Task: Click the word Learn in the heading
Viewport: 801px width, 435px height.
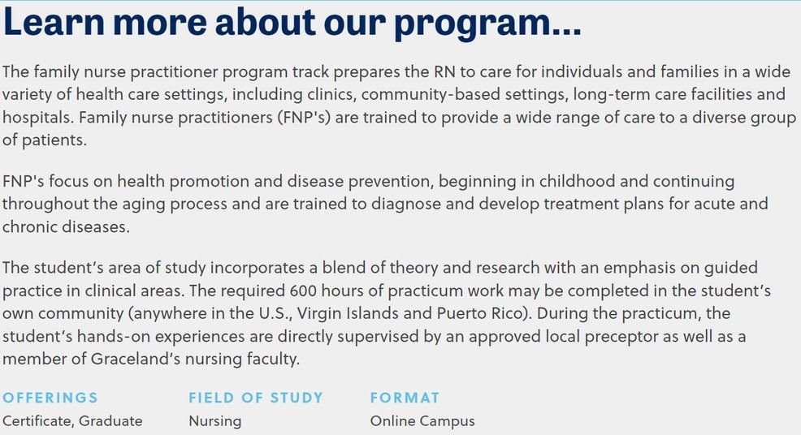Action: tap(54, 22)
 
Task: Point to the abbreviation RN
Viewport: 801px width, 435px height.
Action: tap(445, 71)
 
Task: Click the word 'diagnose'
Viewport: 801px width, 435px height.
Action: tap(405, 204)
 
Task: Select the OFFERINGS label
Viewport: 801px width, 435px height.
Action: tap(50, 398)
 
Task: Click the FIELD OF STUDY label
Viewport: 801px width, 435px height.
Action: tap(256, 398)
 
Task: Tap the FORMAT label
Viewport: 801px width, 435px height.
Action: tap(405, 398)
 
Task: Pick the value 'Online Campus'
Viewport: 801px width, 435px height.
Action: tap(422, 421)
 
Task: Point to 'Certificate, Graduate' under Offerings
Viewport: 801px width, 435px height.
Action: tap(72, 421)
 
